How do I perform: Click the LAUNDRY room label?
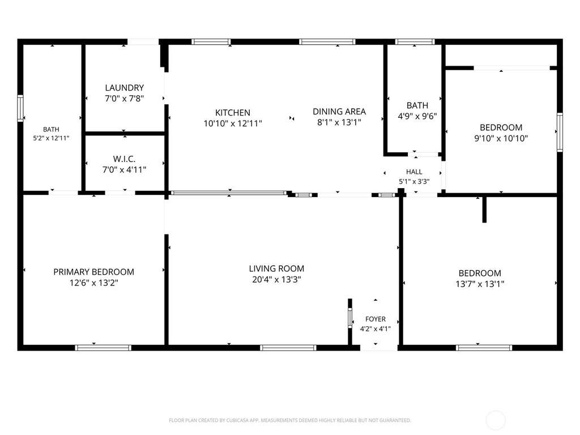124,88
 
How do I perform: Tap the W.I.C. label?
124,159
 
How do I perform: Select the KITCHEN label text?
233,113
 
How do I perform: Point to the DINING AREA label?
339,112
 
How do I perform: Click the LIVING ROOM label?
276,268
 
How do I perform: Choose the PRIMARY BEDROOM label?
94,272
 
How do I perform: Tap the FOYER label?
376,319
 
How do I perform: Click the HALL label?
414,172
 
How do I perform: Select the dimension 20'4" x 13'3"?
276,279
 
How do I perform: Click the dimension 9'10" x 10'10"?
501,138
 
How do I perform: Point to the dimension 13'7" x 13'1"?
480,284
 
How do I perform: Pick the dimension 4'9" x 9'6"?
417,116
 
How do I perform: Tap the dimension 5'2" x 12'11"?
51,138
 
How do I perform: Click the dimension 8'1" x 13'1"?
339,122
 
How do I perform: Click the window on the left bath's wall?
20,108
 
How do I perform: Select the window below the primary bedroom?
103,348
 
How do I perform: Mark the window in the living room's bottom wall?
288,348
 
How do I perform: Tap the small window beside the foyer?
350,318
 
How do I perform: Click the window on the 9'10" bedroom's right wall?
560,132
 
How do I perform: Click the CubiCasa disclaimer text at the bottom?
290,420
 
